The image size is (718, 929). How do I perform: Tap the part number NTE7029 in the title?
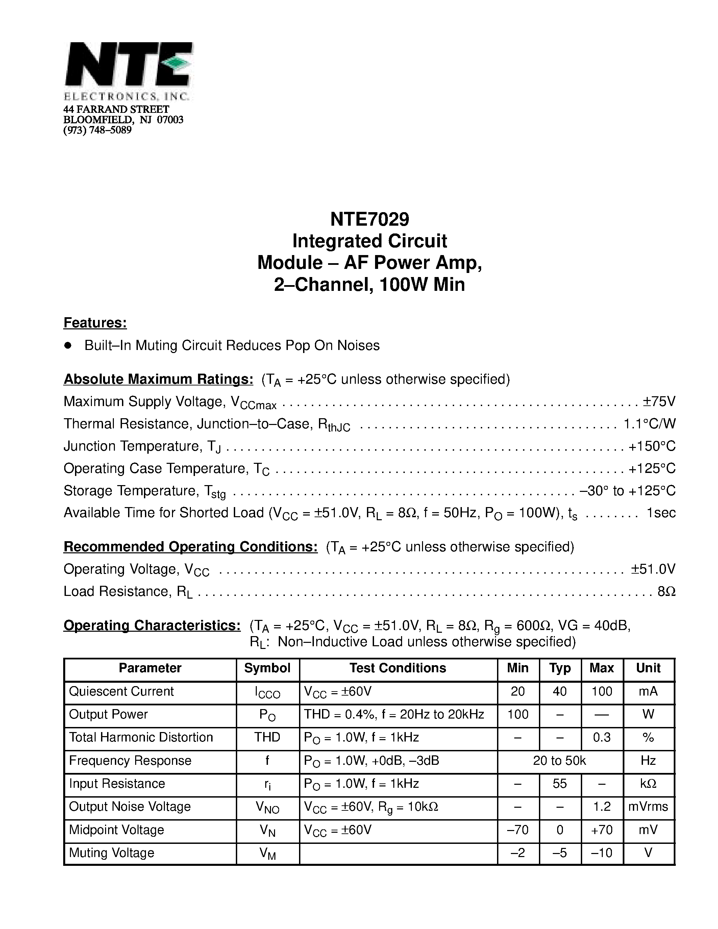click(x=369, y=220)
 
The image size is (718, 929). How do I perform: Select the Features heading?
click(x=95, y=323)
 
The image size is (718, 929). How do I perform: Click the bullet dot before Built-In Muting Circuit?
click(x=68, y=345)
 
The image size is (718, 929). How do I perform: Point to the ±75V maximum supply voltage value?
click(x=659, y=401)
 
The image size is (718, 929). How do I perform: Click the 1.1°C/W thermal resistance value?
click(x=649, y=423)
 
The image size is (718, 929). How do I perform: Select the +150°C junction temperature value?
click(x=652, y=446)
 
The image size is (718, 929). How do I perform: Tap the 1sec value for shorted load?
click(x=661, y=512)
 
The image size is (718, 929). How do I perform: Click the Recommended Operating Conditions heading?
click(x=191, y=547)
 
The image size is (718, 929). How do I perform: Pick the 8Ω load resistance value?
click(x=666, y=591)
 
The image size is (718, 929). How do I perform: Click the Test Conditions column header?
click(x=398, y=668)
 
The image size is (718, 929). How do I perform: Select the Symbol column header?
click(x=267, y=668)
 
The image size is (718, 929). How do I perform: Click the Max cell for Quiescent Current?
click(x=601, y=691)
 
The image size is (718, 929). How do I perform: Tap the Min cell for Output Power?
click(x=518, y=714)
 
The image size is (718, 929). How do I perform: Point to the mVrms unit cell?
click(x=648, y=806)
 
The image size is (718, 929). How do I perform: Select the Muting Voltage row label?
click(x=112, y=853)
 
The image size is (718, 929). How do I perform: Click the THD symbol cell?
click(x=267, y=737)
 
